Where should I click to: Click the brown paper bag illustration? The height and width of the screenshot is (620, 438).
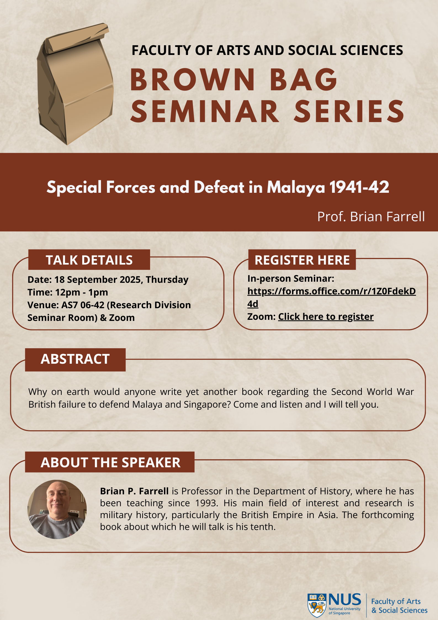coord(75,84)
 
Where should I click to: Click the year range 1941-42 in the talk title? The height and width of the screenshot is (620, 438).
coord(359,187)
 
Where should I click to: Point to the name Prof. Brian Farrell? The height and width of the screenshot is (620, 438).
coord(371,217)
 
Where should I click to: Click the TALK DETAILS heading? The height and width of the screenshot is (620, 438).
coord(89,260)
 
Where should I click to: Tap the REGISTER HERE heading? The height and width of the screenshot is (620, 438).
coord(302,260)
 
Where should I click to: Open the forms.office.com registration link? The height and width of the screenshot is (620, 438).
coord(331,297)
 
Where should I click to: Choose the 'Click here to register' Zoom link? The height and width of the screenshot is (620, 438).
coord(326,316)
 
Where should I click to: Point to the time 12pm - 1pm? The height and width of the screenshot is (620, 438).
coord(82,292)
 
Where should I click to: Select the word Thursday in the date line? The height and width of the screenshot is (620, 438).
coord(167,279)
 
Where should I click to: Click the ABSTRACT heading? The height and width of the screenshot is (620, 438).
coord(75,359)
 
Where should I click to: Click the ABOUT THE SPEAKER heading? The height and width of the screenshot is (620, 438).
coord(110,462)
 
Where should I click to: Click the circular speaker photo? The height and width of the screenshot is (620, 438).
coord(57,509)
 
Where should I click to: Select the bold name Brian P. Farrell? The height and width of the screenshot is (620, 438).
coord(134,491)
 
